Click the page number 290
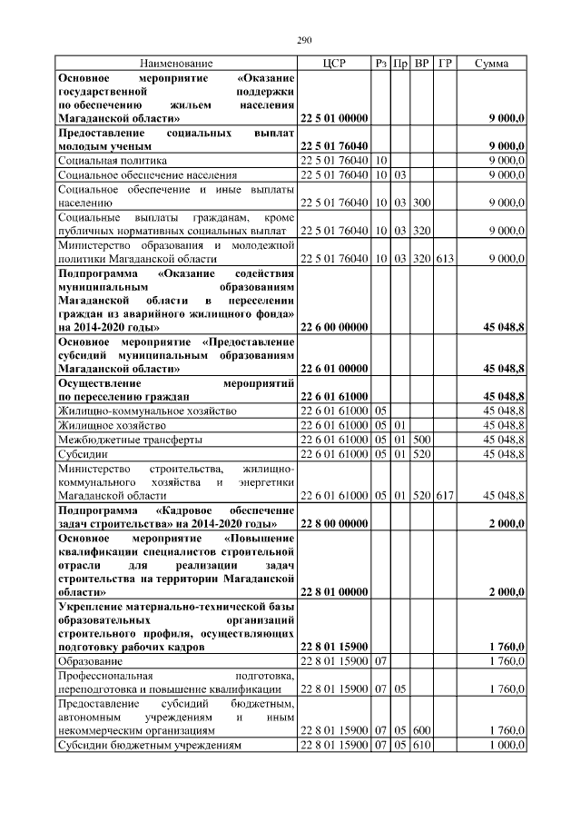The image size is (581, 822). (304, 41)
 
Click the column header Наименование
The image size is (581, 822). (176, 64)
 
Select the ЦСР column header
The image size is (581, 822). (332, 64)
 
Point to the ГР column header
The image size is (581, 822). (445, 64)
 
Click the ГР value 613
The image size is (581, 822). (445, 258)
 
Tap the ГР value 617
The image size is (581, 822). (445, 495)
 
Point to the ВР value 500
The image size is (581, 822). (422, 439)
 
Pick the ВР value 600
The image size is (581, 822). (422, 729)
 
